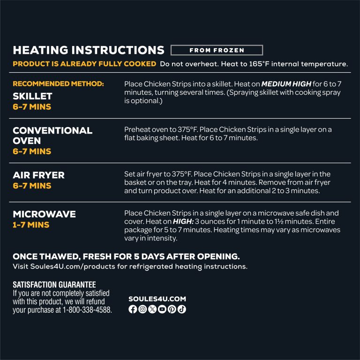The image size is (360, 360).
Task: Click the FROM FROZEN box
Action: (x=217, y=50)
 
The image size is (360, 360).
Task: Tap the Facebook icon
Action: (x=133, y=309)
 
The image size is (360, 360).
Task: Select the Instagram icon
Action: (x=142, y=309)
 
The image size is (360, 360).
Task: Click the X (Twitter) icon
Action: (x=152, y=309)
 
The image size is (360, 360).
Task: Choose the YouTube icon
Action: (x=162, y=309)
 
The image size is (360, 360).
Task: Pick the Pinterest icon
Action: (x=172, y=309)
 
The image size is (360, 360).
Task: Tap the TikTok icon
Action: (x=182, y=309)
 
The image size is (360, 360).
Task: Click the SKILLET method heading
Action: (x=32, y=96)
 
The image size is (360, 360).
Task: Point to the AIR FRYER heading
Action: (x=38, y=175)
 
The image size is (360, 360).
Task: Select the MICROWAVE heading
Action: (x=44, y=214)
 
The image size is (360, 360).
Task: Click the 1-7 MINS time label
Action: (x=31, y=225)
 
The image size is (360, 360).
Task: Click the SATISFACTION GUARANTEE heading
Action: (x=54, y=285)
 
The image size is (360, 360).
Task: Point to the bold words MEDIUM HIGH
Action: (x=286, y=84)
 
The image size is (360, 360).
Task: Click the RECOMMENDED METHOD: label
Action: (x=58, y=84)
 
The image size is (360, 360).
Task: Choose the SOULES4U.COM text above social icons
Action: (x=157, y=299)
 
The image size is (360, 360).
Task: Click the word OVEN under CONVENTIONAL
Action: (x=27, y=141)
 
